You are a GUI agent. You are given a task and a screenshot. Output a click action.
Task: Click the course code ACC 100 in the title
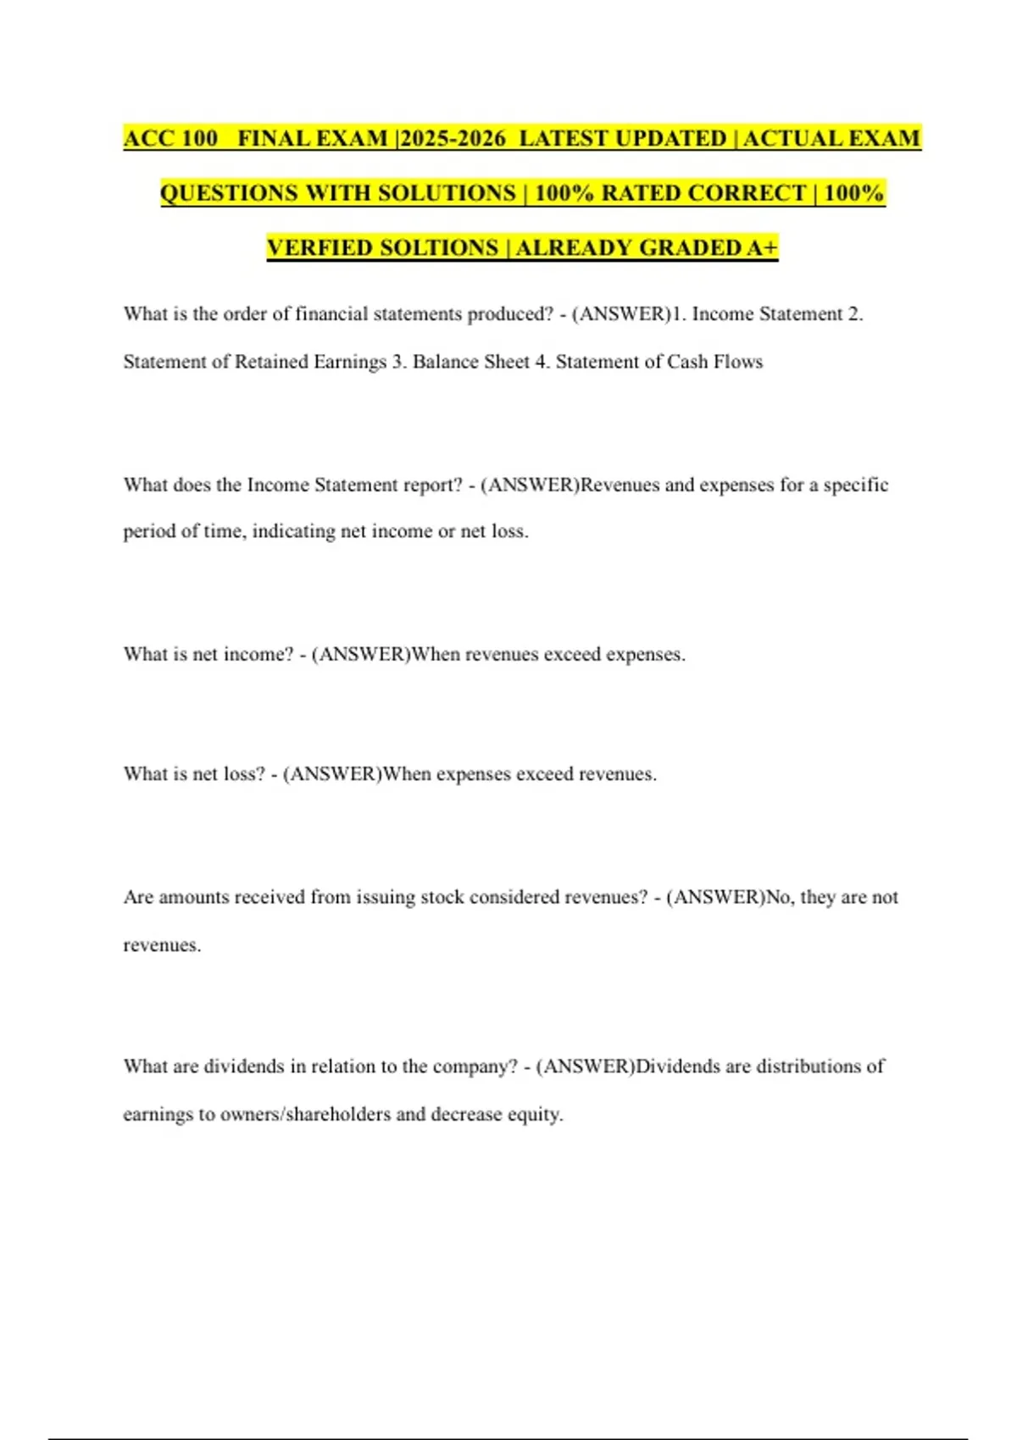tap(170, 138)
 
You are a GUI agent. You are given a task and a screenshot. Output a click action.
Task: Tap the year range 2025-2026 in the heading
tap(453, 138)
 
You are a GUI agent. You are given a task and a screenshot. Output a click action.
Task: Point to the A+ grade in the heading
tap(762, 247)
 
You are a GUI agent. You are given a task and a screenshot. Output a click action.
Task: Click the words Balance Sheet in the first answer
tap(470, 362)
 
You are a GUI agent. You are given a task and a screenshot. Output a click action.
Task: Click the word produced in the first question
tap(508, 314)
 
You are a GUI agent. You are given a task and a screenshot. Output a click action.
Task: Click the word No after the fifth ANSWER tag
tap(777, 897)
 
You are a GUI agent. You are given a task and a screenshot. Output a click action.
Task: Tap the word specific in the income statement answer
tap(855, 485)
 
